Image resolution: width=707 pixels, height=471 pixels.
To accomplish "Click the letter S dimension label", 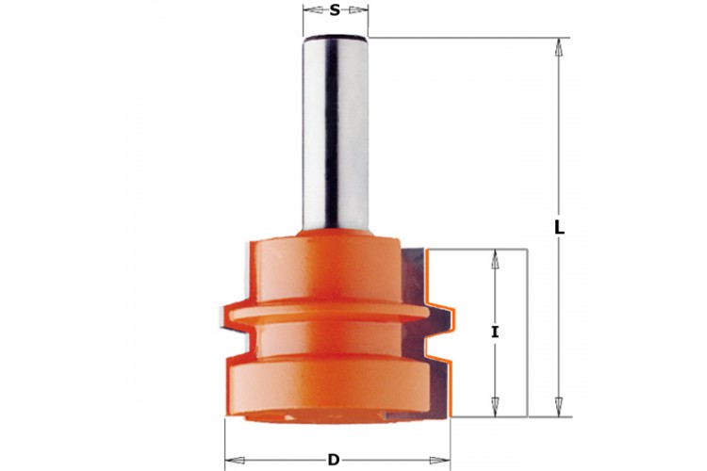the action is click(x=334, y=10).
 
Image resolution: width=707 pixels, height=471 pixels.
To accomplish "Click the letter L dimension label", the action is click(x=559, y=228).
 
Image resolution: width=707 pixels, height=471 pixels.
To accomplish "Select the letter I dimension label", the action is click(x=495, y=333).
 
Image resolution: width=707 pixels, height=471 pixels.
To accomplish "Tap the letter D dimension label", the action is click(x=334, y=461).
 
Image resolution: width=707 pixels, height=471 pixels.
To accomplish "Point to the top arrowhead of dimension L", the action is click(x=559, y=47).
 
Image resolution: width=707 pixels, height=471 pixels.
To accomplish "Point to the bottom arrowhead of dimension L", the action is click(x=559, y=408).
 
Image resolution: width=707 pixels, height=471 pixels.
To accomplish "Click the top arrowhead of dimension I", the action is click(x=495, y=259).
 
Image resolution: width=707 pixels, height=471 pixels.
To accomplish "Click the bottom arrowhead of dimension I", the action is click(x=495, y=408).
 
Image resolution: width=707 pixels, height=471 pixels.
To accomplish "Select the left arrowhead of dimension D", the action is click(x=235, y=461).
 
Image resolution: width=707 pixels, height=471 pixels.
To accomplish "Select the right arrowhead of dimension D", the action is click(x=440, y=461).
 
